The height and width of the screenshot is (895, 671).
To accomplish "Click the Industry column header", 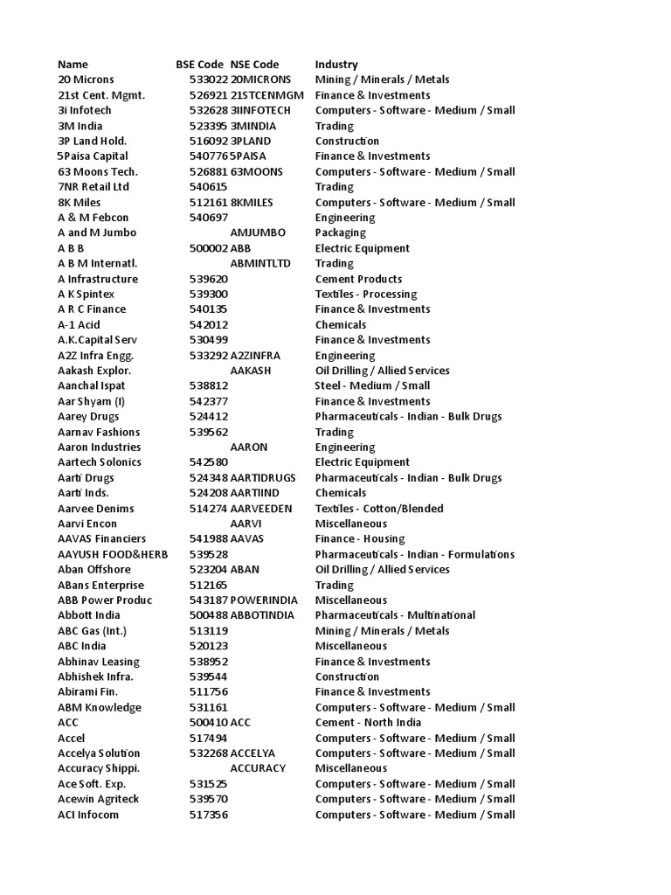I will point(336,65).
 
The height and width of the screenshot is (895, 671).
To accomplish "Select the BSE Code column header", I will point(199,65).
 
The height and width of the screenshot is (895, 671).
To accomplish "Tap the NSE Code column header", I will point(254,65).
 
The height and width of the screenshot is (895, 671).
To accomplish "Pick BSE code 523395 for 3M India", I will point(208,126).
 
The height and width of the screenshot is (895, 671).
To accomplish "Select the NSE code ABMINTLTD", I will point(260,263).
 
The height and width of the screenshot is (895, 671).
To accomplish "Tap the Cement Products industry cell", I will point(358,279).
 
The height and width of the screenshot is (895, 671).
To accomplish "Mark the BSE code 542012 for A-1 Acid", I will point(208,324).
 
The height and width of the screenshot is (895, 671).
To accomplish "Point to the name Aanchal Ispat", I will point(91,385).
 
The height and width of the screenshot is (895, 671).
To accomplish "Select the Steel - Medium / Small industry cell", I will point(372,385).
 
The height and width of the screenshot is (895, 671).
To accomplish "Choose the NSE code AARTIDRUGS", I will point(264,478).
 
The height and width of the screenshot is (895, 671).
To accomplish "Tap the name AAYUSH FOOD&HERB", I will point(113,554).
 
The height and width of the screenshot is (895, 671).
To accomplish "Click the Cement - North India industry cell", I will point(368,723).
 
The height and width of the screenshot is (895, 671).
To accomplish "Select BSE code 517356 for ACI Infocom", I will point(208,815).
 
